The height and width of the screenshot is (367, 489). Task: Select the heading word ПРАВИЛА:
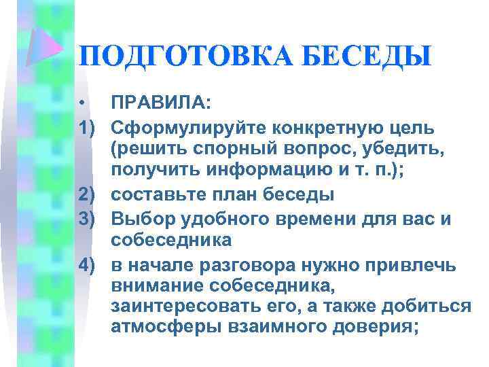pos(162,103)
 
